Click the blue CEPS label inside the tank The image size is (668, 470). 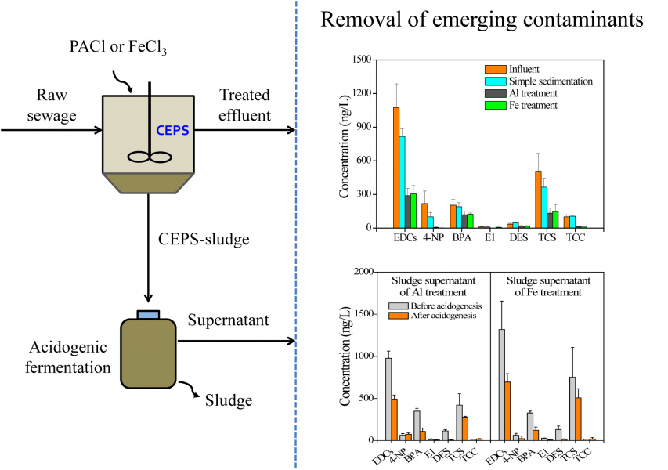tap(172, 130)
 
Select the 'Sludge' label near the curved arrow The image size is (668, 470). tap(228, 401)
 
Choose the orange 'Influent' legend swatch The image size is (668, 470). tap(493, 69)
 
